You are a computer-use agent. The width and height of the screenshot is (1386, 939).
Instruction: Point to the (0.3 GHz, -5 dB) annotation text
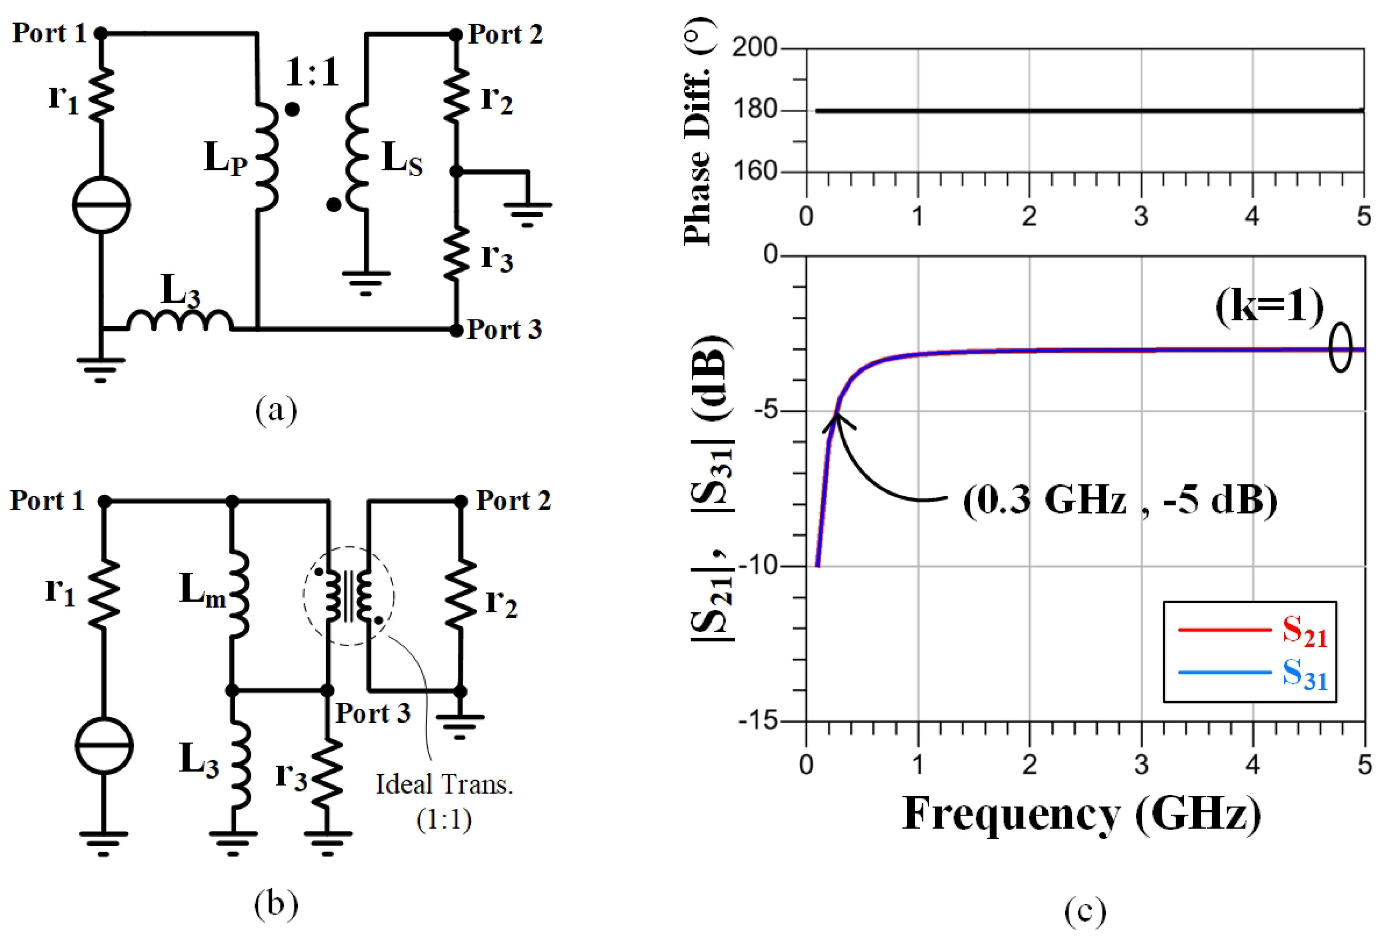(x=1120, y=500)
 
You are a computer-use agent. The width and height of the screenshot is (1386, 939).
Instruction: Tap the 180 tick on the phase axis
(x=755, y=110)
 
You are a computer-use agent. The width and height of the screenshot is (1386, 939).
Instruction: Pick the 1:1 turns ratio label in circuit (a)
(x=312, y=73)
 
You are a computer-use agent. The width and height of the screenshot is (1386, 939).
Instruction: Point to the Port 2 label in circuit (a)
(x=505, y=34)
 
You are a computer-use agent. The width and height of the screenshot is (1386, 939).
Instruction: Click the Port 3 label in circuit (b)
(x=373, y=713)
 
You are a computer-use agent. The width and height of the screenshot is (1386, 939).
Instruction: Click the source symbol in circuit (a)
(x=101, y=205)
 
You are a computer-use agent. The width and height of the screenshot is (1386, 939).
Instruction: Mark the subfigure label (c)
(x=1085, y=911)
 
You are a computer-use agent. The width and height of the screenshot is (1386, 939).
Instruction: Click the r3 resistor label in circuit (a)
(x=497, y=256)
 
